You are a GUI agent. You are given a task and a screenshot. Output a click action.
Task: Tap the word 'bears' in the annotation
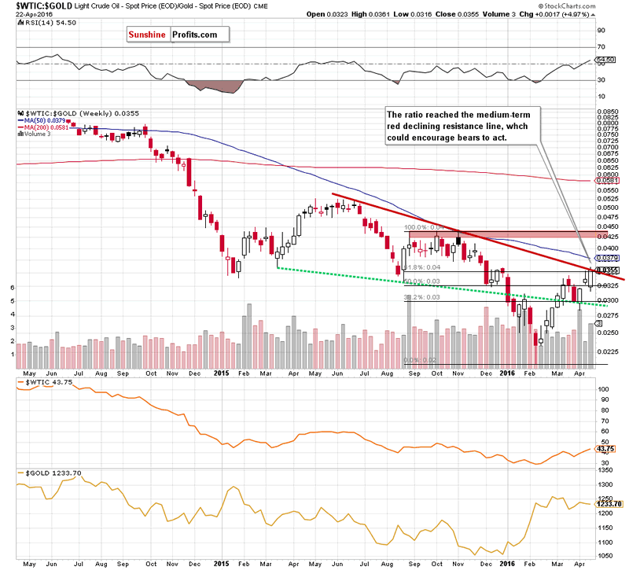click(494, 138)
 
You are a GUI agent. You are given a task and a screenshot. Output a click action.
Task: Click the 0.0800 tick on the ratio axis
click(607, 123)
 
